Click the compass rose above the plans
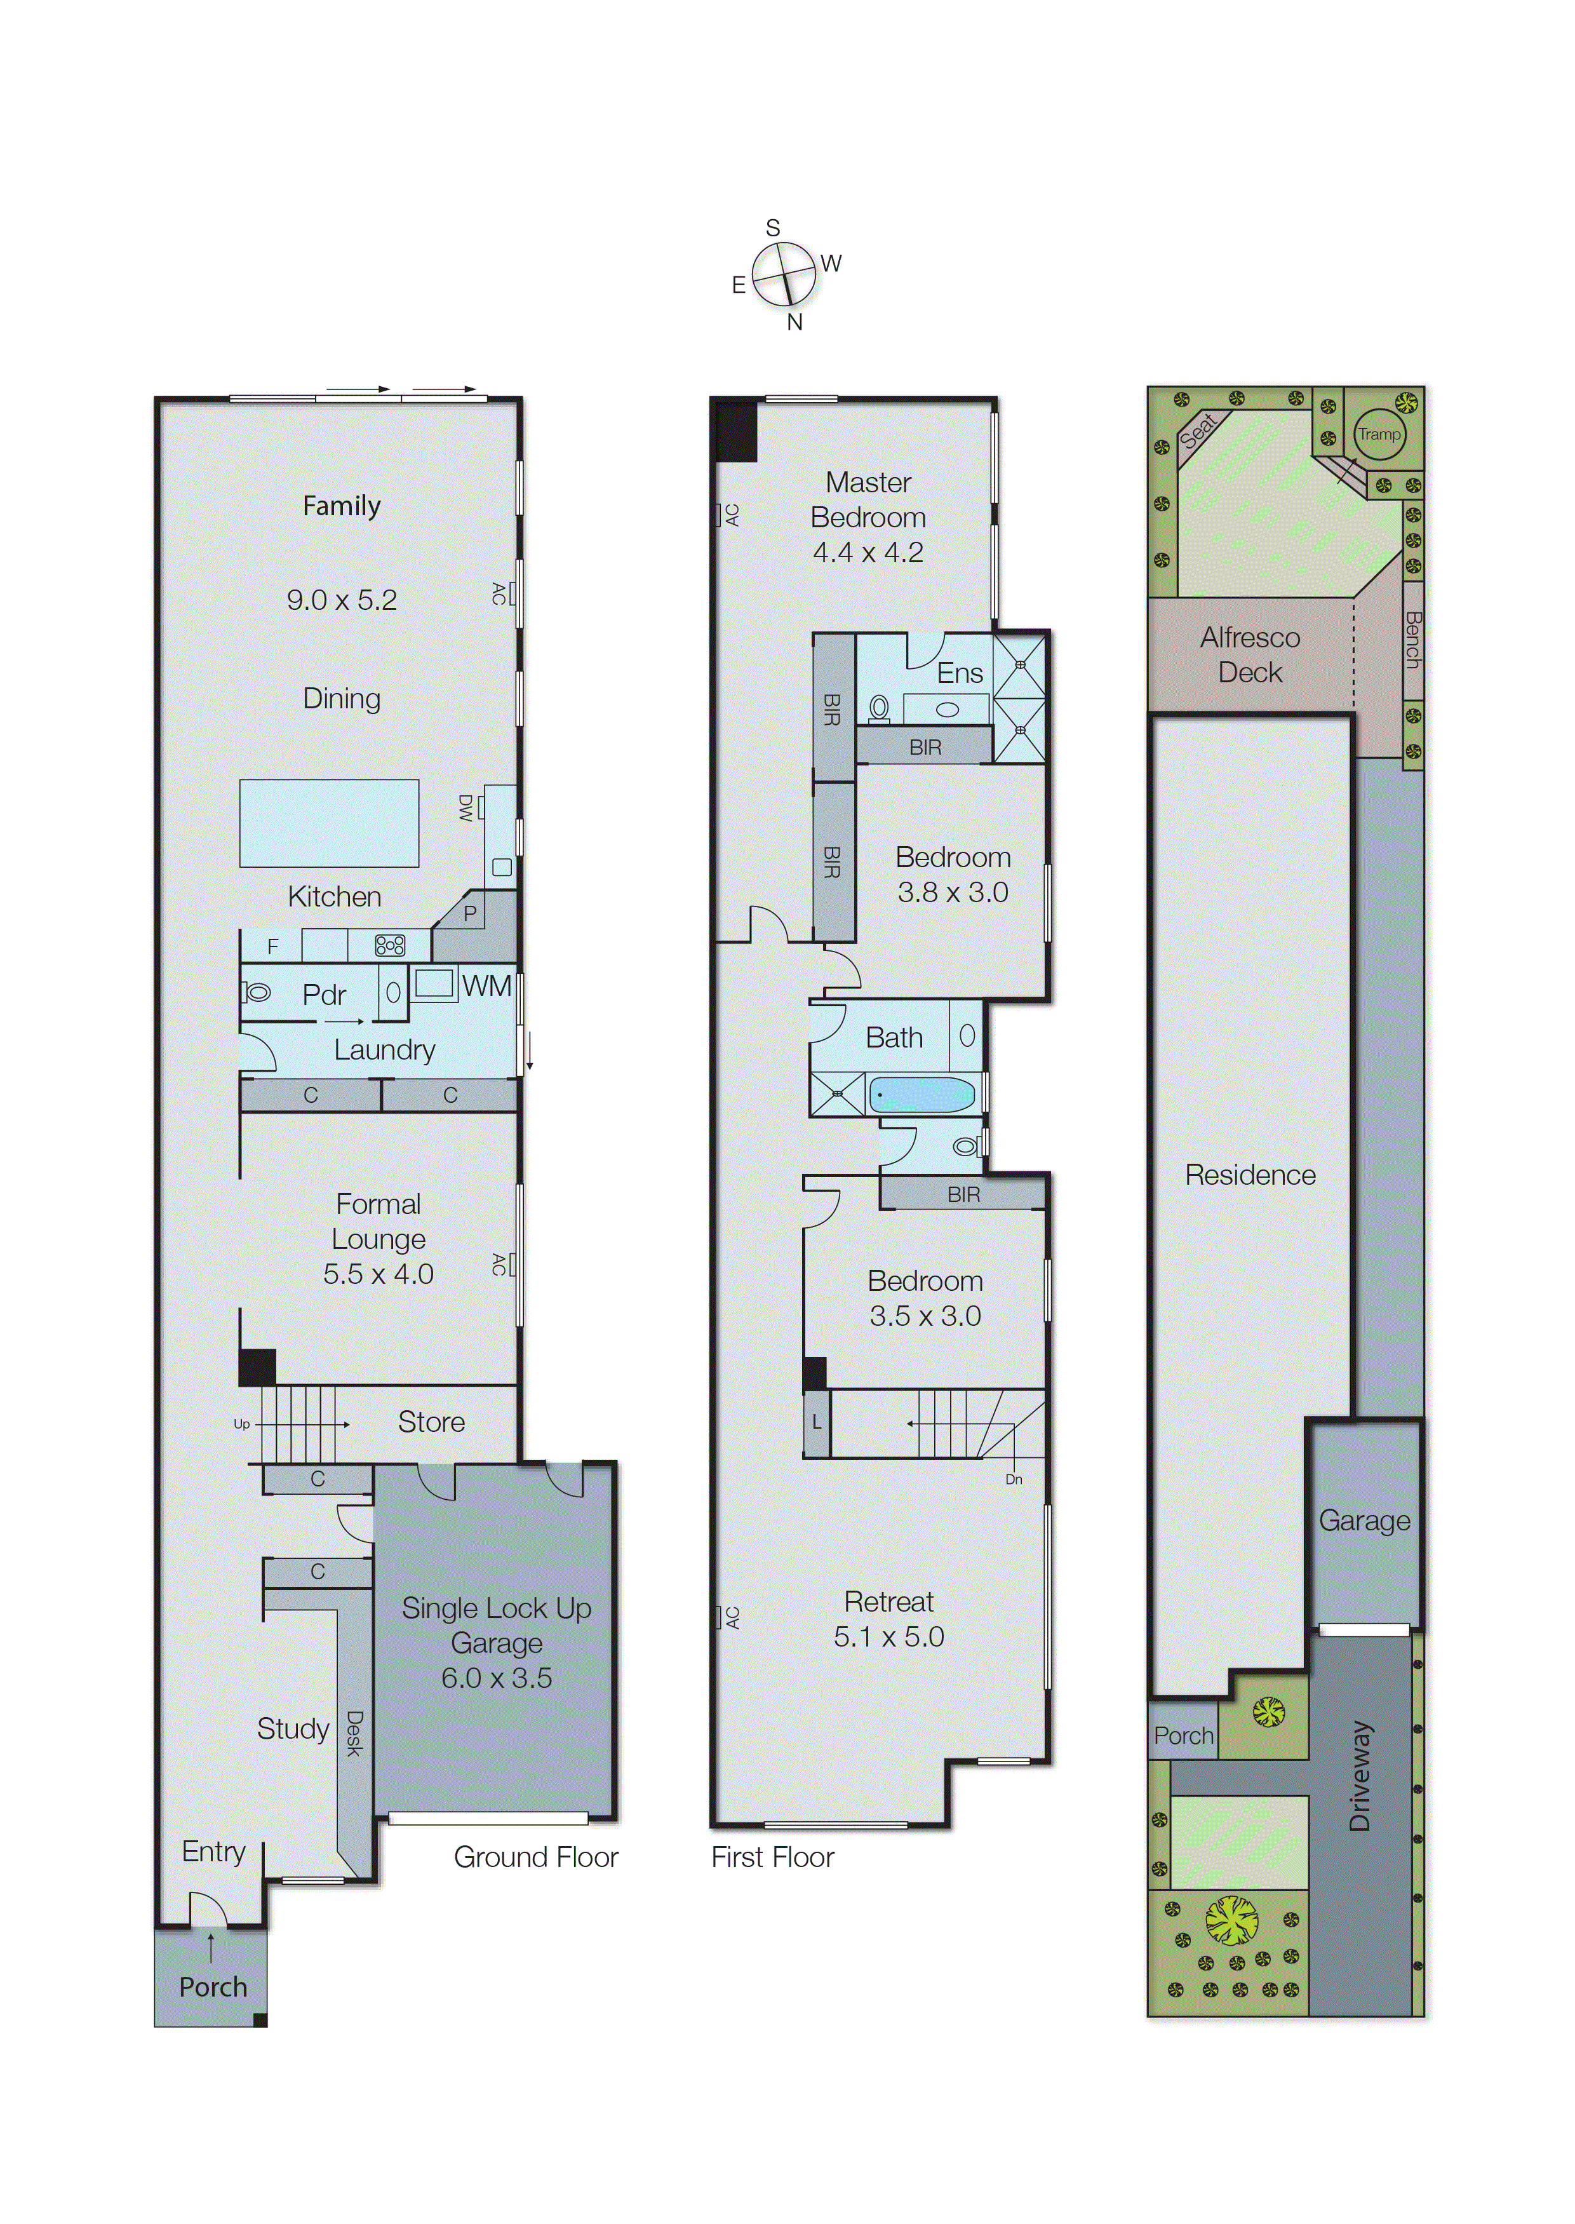[784, 274]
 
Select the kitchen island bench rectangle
[329, 823]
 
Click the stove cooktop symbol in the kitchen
[390, 945]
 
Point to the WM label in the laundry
[486, 987]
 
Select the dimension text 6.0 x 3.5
[497, 1677]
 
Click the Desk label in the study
[354, 1733]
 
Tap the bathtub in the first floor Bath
[922, 1095]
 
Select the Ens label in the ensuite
[959, 673]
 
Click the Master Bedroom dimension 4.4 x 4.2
[868, 552]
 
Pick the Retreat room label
[888, 1601]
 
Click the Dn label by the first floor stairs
[1014, 1479]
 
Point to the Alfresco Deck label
[1250, 655]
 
